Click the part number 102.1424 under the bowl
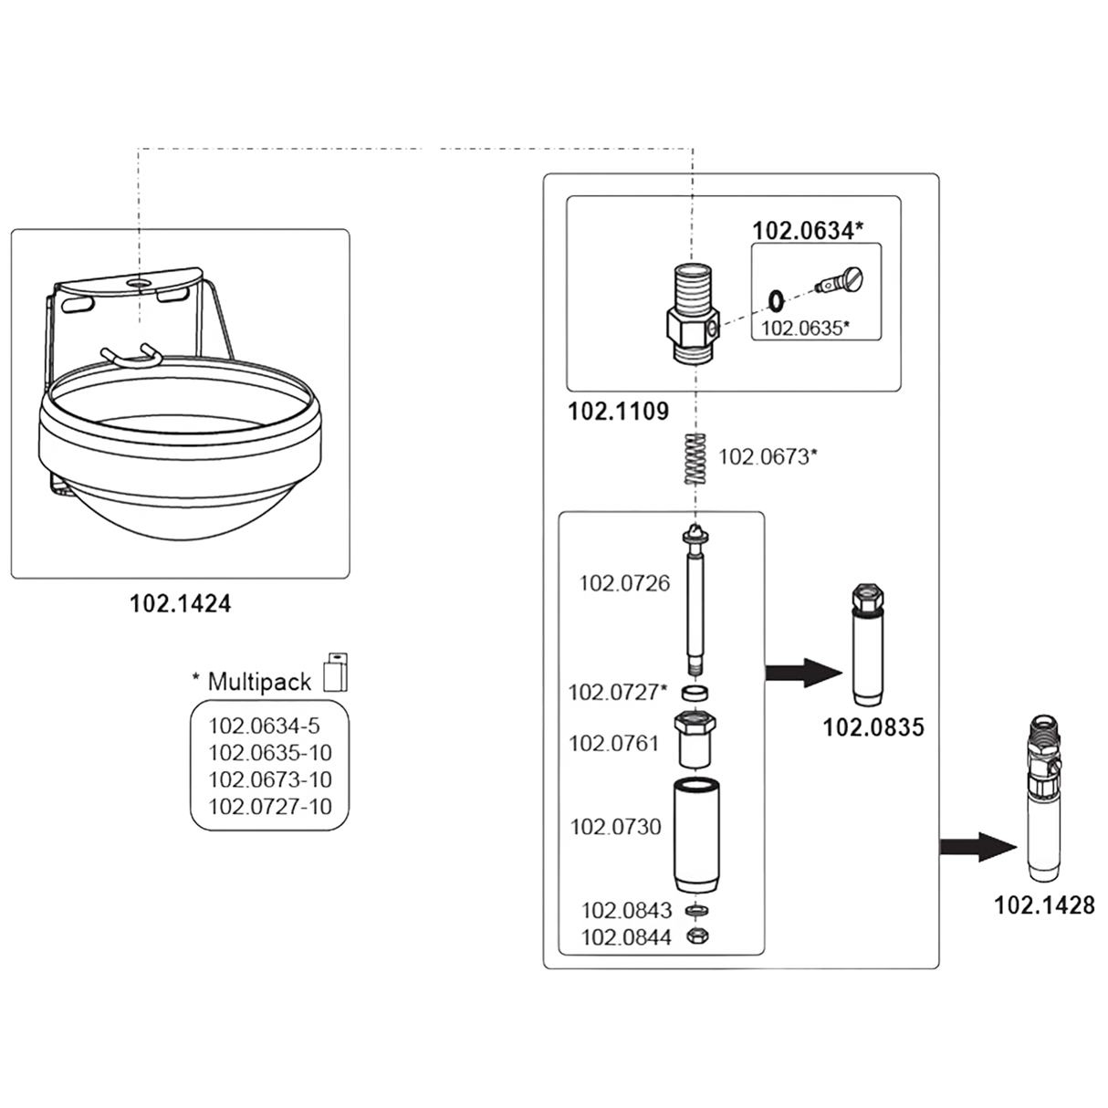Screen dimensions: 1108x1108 (180, 603)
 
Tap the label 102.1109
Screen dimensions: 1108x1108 (618, 412)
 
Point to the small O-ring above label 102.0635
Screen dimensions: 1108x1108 (775, 298)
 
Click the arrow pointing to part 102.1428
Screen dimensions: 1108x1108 (981, 846)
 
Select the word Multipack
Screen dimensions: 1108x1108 (260, 680)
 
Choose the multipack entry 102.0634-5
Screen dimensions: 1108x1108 (265, 726)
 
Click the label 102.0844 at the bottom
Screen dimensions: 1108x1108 (626, 937)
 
